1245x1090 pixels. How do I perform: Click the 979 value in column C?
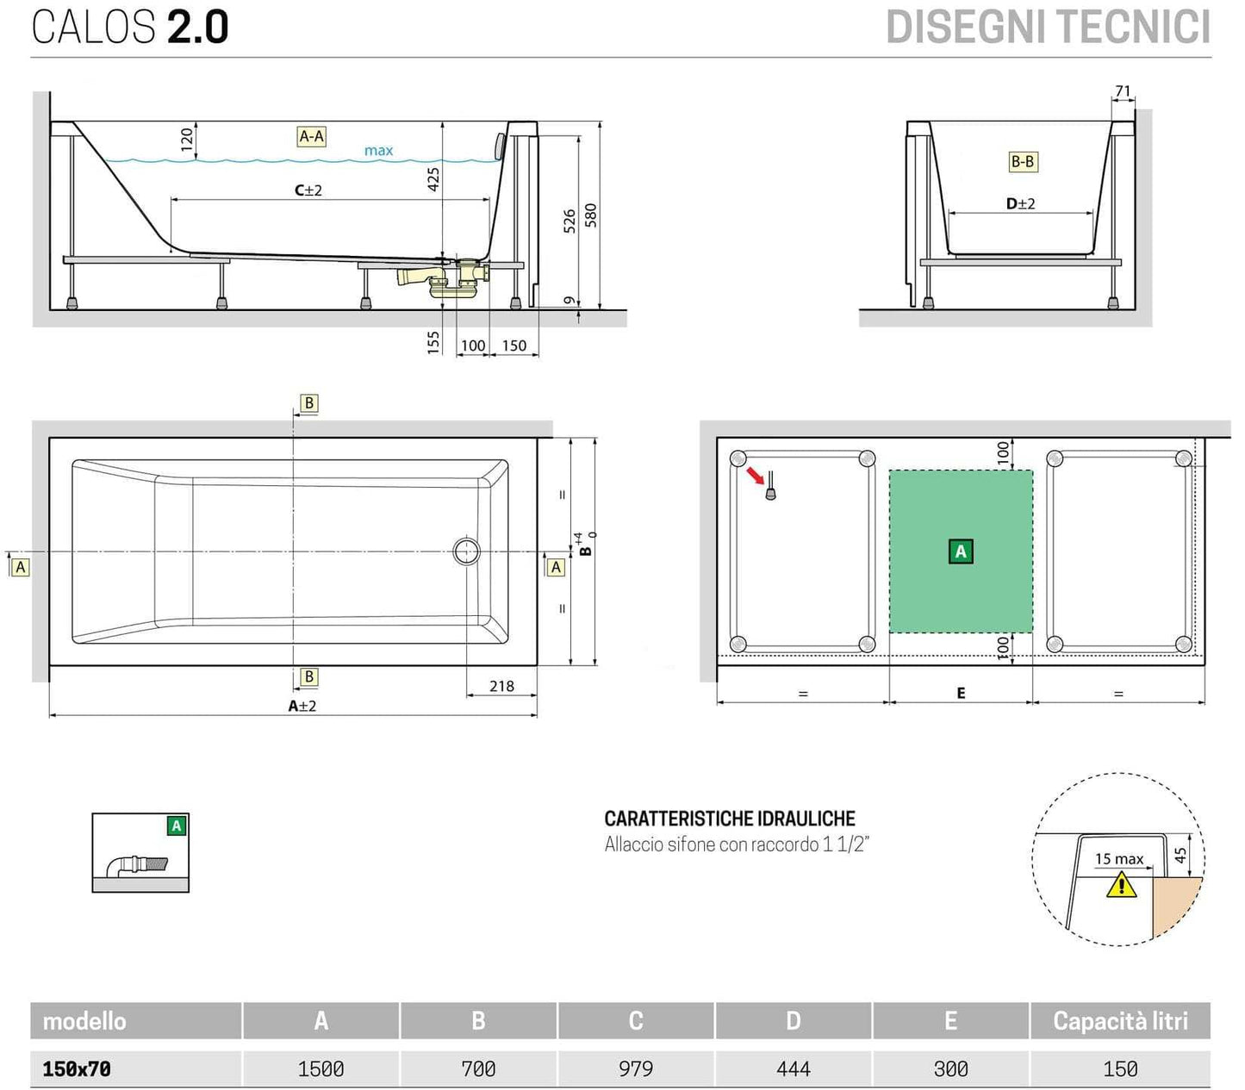635,1068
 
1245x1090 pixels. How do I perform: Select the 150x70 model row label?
77,1068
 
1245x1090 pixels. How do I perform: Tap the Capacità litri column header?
1120,1021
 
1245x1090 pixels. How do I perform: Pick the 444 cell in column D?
793,1068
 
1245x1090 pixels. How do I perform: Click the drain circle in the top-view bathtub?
467,551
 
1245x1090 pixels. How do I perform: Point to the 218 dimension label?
501,686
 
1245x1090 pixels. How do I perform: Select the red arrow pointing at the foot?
755,476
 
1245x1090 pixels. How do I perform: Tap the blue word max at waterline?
378,151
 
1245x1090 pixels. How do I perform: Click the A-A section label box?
311,136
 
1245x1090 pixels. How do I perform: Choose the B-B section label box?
1022,161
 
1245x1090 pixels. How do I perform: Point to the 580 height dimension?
590,215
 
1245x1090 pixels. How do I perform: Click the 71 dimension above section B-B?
1123,91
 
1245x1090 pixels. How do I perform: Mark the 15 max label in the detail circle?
1118,859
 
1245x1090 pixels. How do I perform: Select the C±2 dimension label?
308,190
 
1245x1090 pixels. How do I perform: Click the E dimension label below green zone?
961,693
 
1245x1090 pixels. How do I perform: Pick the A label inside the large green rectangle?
961,551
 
